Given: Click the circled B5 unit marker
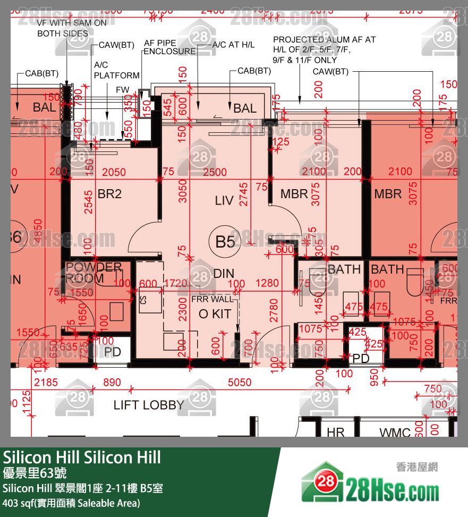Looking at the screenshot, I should (x=225, y=242).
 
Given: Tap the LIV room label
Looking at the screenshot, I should (x=224, y=201).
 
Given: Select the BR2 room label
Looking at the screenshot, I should (x=109, y=194).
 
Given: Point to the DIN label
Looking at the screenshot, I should (x=224, y=274).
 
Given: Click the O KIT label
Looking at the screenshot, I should (x=215, y=314).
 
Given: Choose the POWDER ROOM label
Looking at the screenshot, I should (x=93, y=273).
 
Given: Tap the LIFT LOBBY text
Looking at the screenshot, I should (x=149, y=405).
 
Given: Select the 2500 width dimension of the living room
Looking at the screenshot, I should (x=215, y=172).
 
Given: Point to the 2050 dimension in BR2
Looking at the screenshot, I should (x=114, y=172).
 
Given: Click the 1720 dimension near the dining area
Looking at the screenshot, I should (x=176, y=284).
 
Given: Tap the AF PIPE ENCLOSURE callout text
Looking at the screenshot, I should (x=170, y=47).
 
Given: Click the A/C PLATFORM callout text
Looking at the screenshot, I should (x=116, y=70).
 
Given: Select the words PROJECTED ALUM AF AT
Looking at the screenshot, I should (x=324, y=40).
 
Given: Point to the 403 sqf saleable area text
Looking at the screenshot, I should (x=71, y=503).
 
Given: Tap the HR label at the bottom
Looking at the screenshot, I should (x=336, y=433).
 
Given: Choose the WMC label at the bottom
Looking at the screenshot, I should (x=395, y=433).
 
